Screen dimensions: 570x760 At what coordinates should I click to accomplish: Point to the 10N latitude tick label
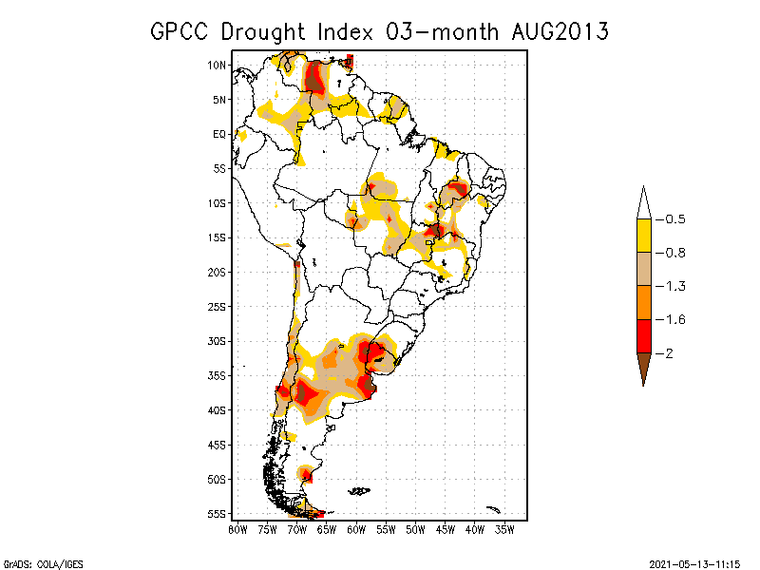coord(217,65)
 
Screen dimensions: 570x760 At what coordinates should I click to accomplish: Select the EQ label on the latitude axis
coord(218,134)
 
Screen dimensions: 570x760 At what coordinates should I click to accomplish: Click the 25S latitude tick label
coord(217,306)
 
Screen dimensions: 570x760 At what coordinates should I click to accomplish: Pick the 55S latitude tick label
coord(217,514)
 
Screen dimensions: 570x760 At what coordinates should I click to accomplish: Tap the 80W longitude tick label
coord(237,529)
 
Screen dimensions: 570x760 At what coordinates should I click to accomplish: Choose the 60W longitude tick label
coord(356,529)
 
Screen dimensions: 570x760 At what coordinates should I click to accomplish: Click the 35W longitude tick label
coord(504,529)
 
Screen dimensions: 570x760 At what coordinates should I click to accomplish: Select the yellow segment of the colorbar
coord(643,236)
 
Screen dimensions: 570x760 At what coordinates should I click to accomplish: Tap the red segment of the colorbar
coord(643,336)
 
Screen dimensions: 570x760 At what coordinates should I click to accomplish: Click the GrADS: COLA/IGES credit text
coord(43,562)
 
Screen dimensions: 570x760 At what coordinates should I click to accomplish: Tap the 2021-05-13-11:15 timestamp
coord(696,562)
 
